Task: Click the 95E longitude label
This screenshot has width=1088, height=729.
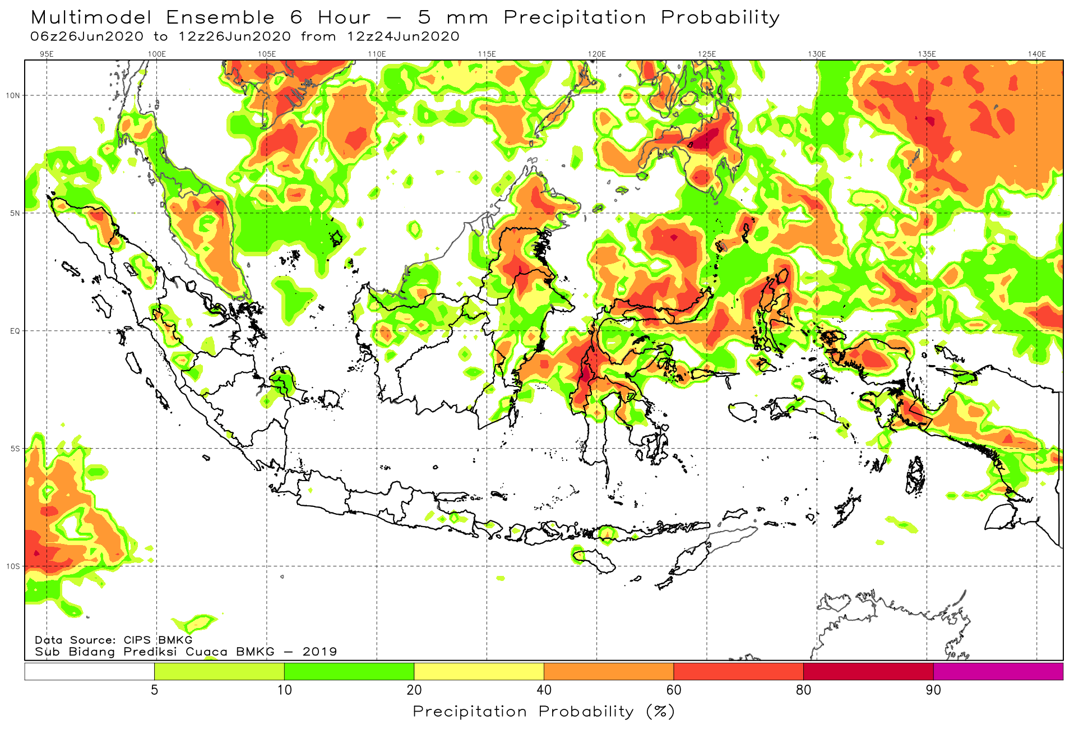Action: click(47, 54)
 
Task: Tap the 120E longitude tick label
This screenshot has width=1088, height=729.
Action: click(597, 54)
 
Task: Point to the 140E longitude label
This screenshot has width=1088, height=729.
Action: click(1037, 54)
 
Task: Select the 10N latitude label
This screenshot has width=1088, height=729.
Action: click(13, 95)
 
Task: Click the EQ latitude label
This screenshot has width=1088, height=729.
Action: click(15, 331)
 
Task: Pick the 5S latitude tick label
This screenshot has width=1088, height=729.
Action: click(15, 449)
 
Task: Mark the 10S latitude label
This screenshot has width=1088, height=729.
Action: click(13, 566)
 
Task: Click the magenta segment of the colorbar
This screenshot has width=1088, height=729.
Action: click(998, 671)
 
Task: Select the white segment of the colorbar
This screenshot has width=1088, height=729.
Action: click(90, 671)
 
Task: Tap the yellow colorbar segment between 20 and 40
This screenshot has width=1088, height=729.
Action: click(479, 671)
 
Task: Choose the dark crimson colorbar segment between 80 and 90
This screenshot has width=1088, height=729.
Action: click(868, 671)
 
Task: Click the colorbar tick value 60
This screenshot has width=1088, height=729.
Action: click(674, 690)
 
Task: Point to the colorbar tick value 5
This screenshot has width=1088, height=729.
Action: click(155, 690)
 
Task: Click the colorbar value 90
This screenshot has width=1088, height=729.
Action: click(933, 690)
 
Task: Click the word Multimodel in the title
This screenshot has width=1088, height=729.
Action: click(91, 17)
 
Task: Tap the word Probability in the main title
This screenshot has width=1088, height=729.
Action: click(720, 18)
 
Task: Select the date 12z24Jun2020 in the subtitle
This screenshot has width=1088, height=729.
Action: click(403, 36)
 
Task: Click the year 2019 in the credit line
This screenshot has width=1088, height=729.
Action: click(320, 652)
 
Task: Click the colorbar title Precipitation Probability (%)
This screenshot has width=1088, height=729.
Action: click(544, 712)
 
